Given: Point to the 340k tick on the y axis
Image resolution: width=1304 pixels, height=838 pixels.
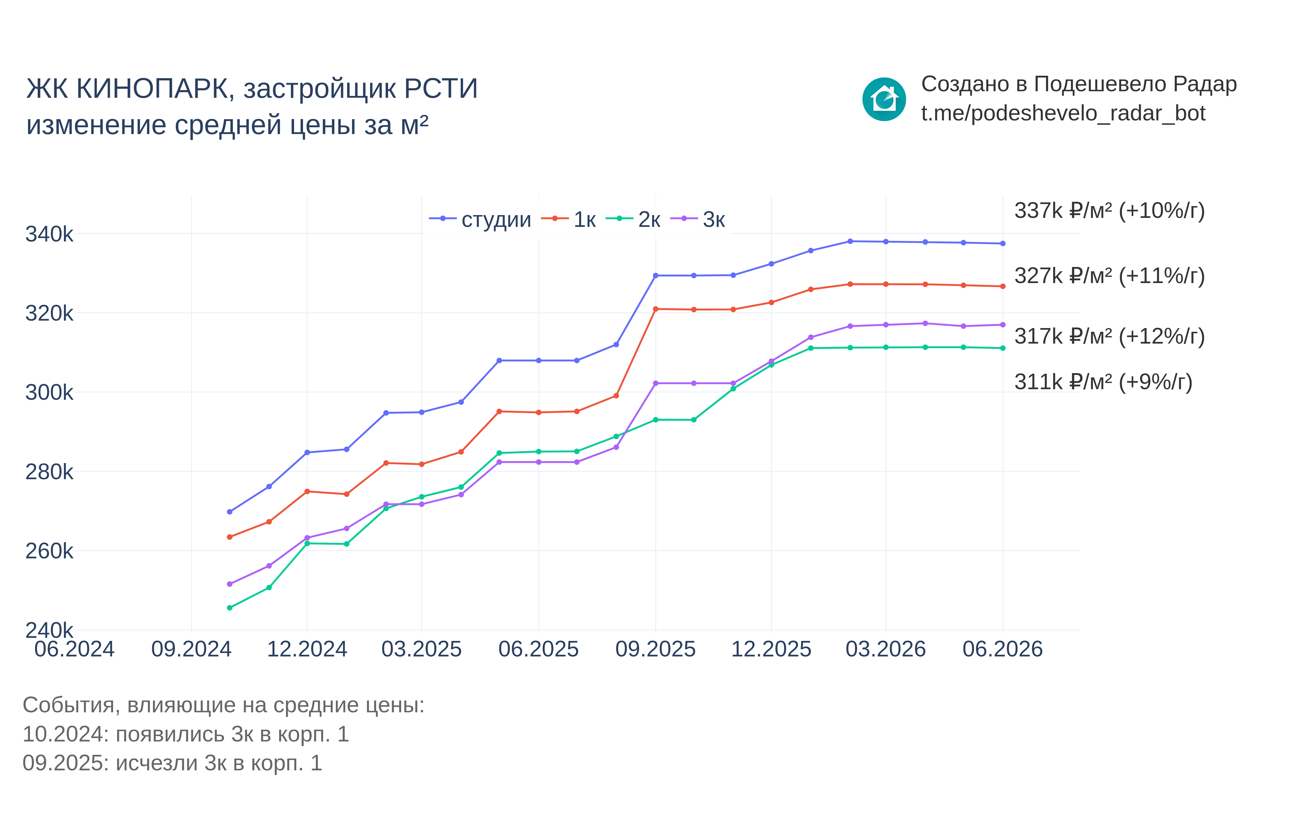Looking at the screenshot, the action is (x=49, y=234).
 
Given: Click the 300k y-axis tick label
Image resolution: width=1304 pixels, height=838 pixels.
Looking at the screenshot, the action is (x=49, y=392).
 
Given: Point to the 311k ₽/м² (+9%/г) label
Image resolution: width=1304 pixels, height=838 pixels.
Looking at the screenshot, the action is (x=1103, y=382).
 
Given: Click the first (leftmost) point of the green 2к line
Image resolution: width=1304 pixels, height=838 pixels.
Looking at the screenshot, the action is (x=230, y=608).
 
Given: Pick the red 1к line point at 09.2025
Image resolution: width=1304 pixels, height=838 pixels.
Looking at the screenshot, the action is (x=656, y=309).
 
